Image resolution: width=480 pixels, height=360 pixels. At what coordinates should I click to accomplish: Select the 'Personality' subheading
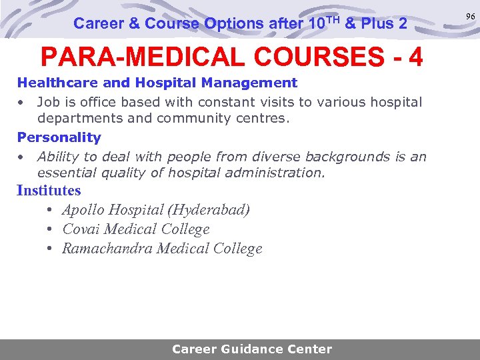click(59, 138)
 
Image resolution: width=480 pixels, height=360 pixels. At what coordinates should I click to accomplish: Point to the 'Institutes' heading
click(49, 191)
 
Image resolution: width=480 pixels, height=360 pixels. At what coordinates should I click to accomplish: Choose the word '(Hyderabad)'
click(209, 210)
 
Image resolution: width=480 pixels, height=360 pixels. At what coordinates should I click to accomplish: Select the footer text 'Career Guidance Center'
click(251, 349)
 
